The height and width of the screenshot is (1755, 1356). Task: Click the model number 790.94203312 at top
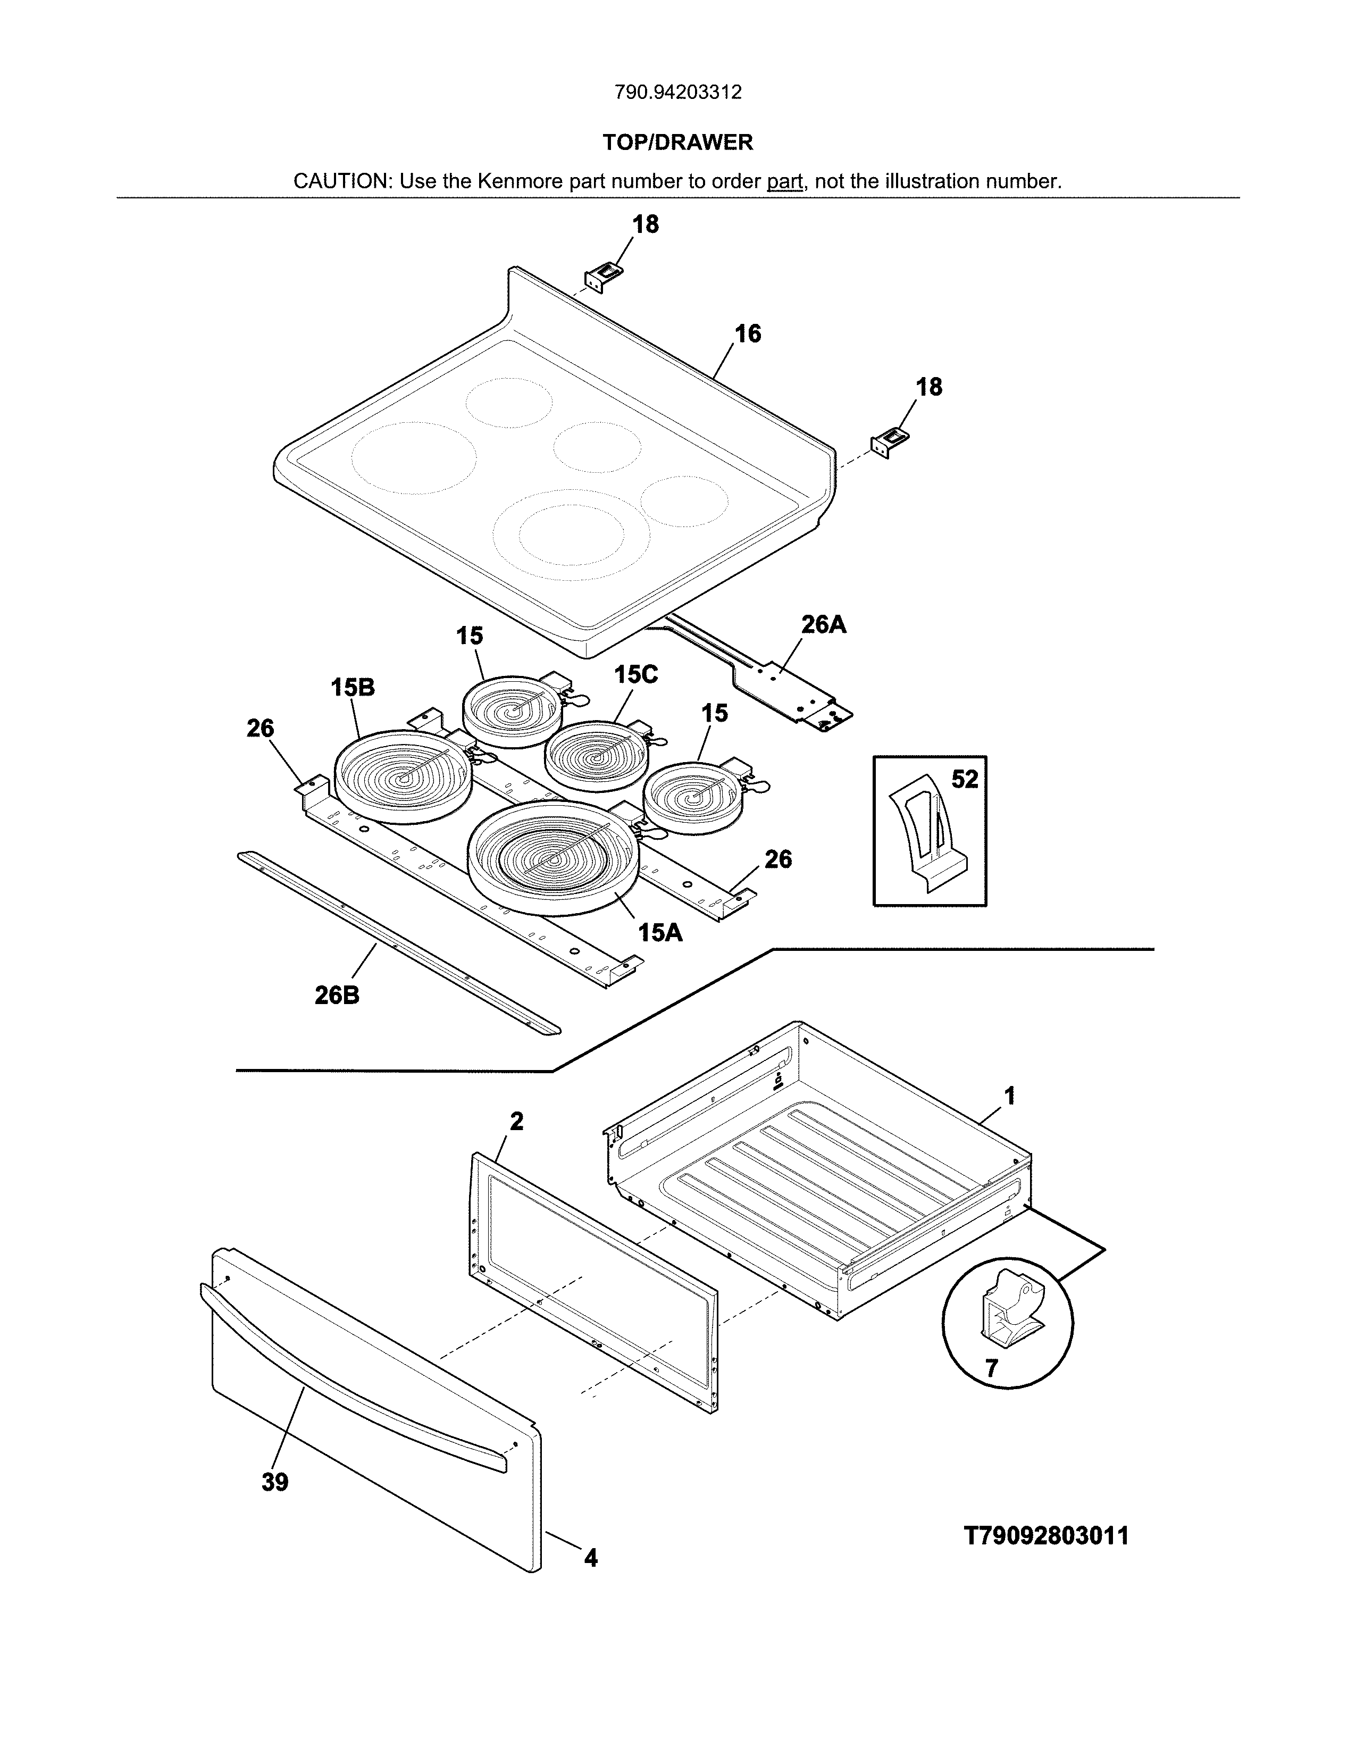678,93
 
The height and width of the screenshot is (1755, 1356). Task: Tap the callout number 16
748,335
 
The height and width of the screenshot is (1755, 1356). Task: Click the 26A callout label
823,624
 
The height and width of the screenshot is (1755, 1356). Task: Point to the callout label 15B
353,688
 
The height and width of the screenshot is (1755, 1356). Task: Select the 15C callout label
635,675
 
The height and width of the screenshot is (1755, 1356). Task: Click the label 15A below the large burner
660,932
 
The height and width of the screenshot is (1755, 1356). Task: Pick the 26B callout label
337,996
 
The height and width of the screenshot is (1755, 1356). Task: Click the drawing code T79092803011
1046,1536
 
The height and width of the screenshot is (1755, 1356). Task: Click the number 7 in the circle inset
991,1368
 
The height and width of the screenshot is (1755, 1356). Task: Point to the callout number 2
516,1121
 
